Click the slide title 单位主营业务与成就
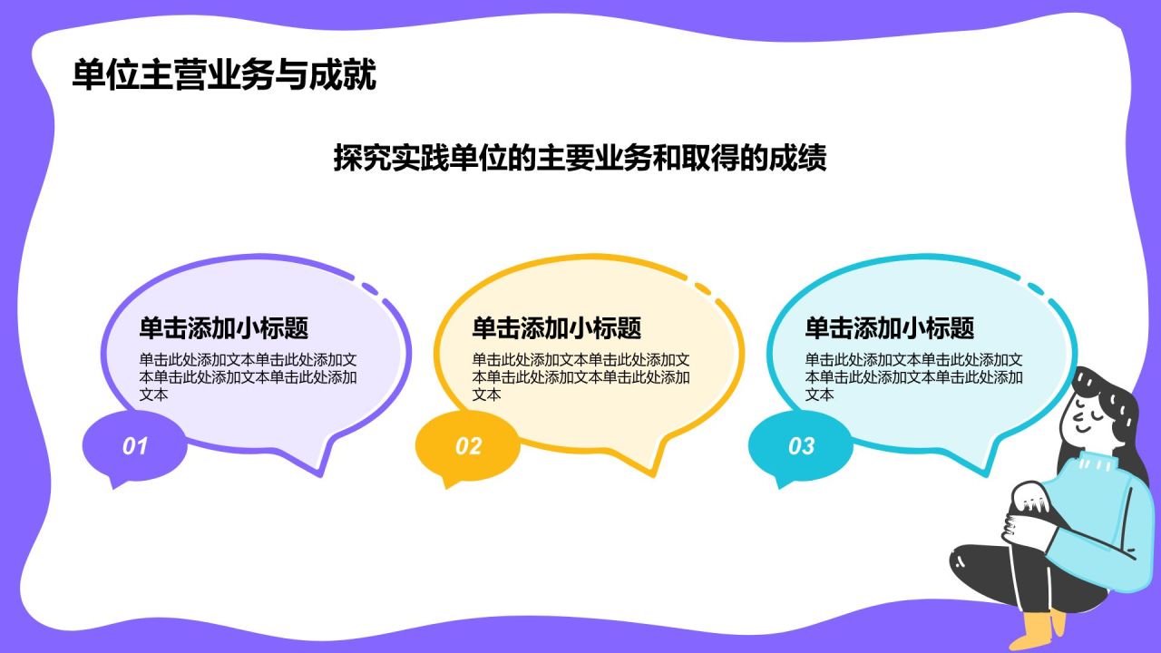[224, 76]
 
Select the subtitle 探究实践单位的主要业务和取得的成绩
[580, 159]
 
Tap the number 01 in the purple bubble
[134, 446]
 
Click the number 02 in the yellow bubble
[468, 446]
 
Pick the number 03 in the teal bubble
[801, 446]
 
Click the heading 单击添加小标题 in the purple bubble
[223, 328]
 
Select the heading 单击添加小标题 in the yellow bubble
[556, 328]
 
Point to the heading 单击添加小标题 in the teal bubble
[889, 328]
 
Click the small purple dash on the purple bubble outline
[370, 288]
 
